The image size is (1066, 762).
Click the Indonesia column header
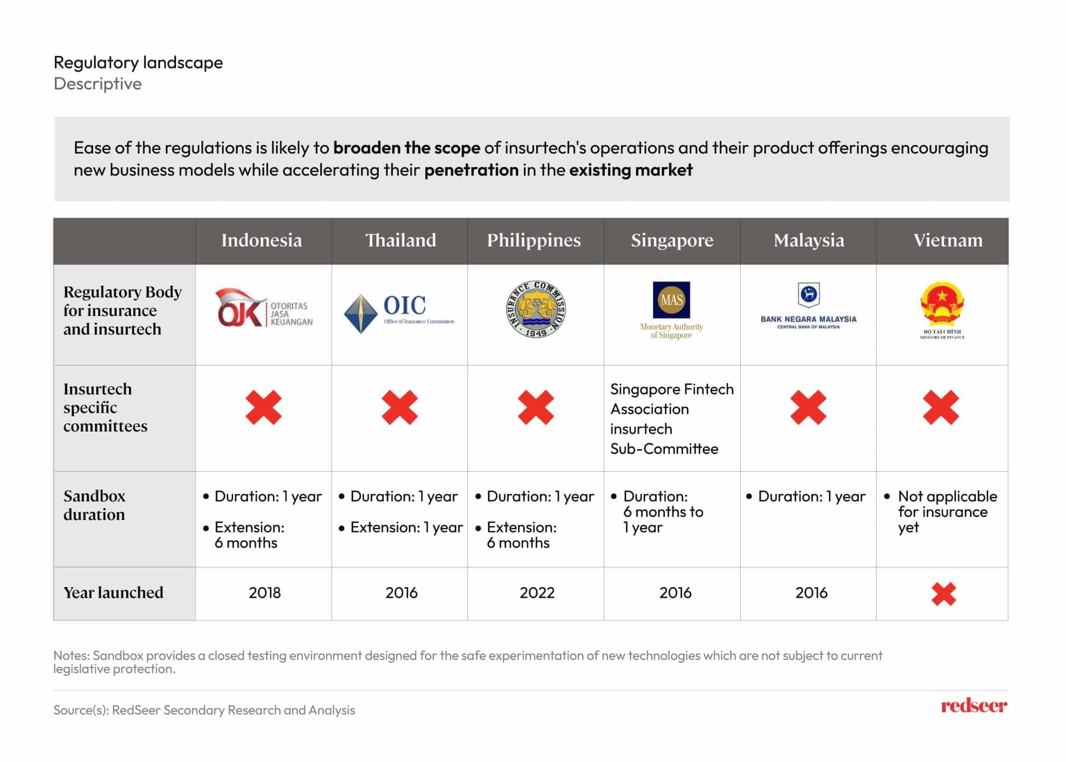click(x=261, y=240)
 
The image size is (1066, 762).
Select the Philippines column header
click(x=534, y=240)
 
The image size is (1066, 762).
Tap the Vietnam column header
click(x=948, y=240)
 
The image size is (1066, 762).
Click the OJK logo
click(x=264, y=309)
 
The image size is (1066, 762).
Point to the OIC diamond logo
click(x=360, y=313)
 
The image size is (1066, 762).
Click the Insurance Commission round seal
click(x=536, y=309)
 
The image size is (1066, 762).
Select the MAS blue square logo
click(x=671, y=300)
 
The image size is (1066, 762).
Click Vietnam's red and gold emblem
click(x=942, y=304)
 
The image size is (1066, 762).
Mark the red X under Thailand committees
click(x=399, y=407)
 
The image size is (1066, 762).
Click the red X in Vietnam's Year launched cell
click(x=944, y=594)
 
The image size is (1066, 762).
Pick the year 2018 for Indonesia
click(x=264, y=593)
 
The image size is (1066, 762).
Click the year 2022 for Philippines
click(x=537, y=593)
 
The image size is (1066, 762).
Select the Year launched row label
click(x=113, y=593)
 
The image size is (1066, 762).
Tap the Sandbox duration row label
click(x=94, y=505)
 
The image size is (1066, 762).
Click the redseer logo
click(x=973, y=706)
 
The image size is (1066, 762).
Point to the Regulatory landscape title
click(x=138, y=62)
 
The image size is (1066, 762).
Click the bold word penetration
click(x=471, y=170)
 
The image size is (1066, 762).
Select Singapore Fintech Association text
click(x=671, y=399)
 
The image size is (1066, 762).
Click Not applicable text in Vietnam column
click(x=947, y=496)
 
